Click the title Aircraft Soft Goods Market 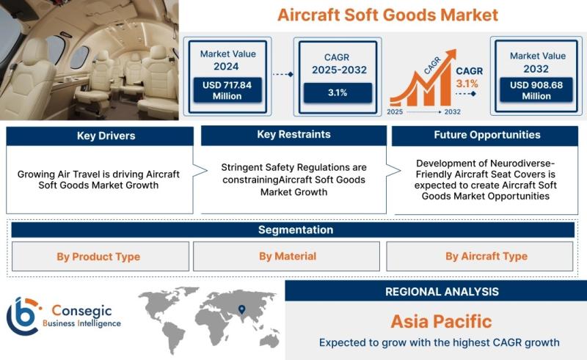tap(387, 15)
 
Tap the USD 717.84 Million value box tap(227, 90)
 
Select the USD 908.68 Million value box tap(536, 89)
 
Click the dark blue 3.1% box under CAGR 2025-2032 tap(338, 93)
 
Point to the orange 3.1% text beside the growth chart tap(467, 84)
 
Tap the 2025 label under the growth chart tap(395, 112)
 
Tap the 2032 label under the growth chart tap(452, 112)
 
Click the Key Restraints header tap(294, 135)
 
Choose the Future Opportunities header tap(485, 136)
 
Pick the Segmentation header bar tap(293, 229)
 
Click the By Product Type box tap(101, 257)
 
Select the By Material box tap(286, 257)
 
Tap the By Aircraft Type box tap(480, 257)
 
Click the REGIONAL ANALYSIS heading tap(442, 292)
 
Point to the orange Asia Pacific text tap(442, 321)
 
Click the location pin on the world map tap(242, 309)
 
